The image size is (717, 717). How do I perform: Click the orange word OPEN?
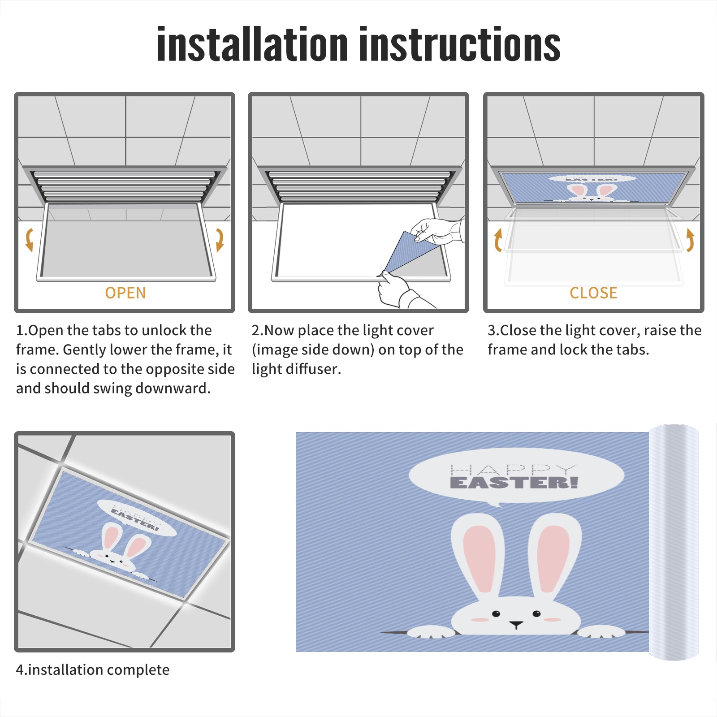[125, 293]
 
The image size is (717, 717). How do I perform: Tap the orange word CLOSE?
[593, 293]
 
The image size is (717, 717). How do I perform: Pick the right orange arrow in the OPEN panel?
[220, 240]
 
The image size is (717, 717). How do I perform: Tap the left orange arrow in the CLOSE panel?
[498, 240]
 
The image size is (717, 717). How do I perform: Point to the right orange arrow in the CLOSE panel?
[690, 240]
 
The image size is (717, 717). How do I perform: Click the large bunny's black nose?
[516, 624]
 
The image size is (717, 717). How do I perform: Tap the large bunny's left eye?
[496, 613]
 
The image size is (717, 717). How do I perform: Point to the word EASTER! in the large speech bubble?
[514, 483]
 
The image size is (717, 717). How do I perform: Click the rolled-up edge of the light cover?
[674, 542]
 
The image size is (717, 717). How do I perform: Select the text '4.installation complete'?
[93, 669]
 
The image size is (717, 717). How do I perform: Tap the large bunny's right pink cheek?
[552, 620]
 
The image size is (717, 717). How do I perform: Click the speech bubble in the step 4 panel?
[137, 518]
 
